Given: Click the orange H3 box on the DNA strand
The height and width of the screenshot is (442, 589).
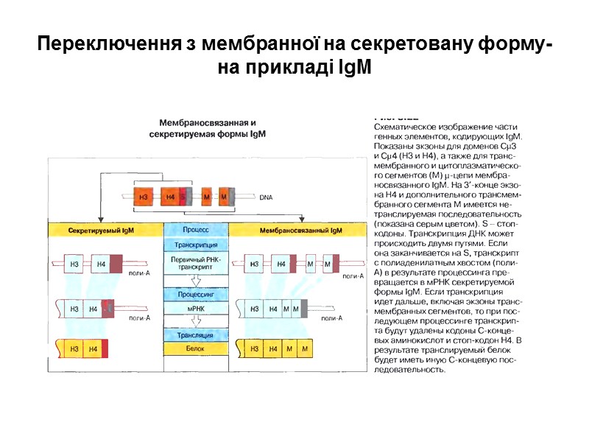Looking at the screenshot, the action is click(144, 197).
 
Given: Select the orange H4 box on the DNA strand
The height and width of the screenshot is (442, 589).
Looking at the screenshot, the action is click(169, 197).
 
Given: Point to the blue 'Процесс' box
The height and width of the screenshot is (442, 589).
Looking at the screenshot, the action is click(197, 231).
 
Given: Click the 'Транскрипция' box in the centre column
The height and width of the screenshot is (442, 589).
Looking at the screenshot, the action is click(197, 245).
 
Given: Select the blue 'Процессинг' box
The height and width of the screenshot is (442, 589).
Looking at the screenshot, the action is click(197, 293).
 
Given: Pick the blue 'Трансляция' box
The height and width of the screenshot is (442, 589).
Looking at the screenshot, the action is click(197, 335).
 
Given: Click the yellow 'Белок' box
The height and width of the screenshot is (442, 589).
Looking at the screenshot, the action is click(197, 348).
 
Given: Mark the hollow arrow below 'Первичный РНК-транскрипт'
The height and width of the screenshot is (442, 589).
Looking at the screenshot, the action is click(197, 281).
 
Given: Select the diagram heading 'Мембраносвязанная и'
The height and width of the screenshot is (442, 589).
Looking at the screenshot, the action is click(208, 122).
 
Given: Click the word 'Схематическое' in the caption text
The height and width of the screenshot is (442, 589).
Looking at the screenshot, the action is click(405, 127).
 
